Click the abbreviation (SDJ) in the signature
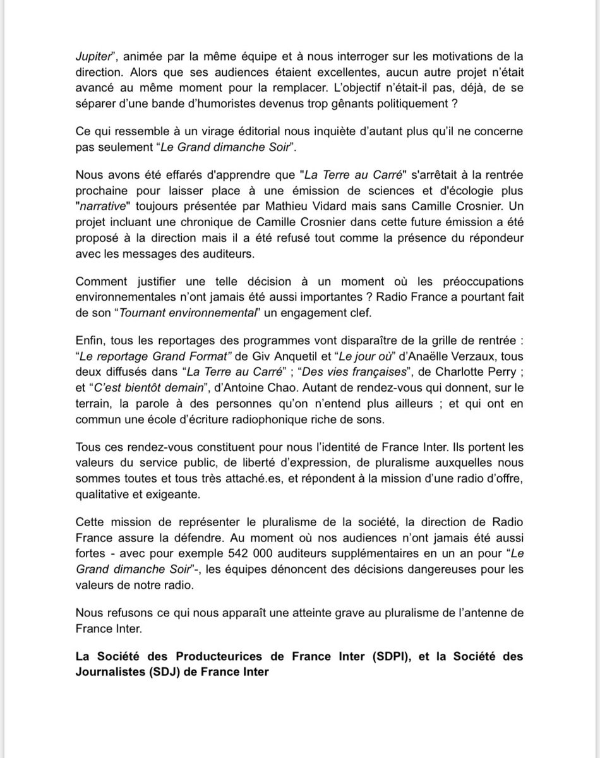tap(152, 672)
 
